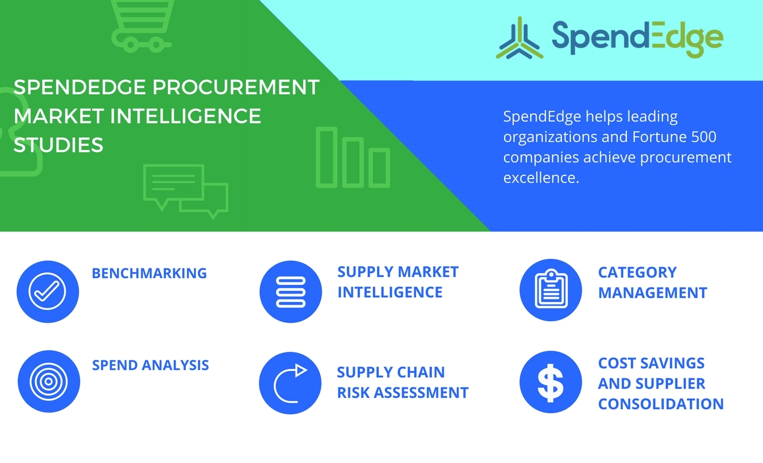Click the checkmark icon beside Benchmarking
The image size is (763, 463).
point(48,292)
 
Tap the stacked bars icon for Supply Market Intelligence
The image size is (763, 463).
point(291,292)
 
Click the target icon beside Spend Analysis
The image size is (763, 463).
point(49,381)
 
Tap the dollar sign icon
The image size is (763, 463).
point(551,382)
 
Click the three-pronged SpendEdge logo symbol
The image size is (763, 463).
point(519,38)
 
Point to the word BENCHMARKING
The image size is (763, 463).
point(149,273)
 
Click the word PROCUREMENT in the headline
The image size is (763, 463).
point(236,87)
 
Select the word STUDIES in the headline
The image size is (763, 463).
point(58,145)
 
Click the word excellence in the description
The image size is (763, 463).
point(541,178)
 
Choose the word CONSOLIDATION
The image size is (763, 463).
point(661,404)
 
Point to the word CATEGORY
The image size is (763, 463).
point(638,272)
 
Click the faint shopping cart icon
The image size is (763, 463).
point(141,26)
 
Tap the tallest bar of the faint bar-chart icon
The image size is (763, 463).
point(326,157)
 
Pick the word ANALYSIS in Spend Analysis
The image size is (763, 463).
point(175,365)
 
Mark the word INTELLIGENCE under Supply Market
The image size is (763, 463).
point(390,292)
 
